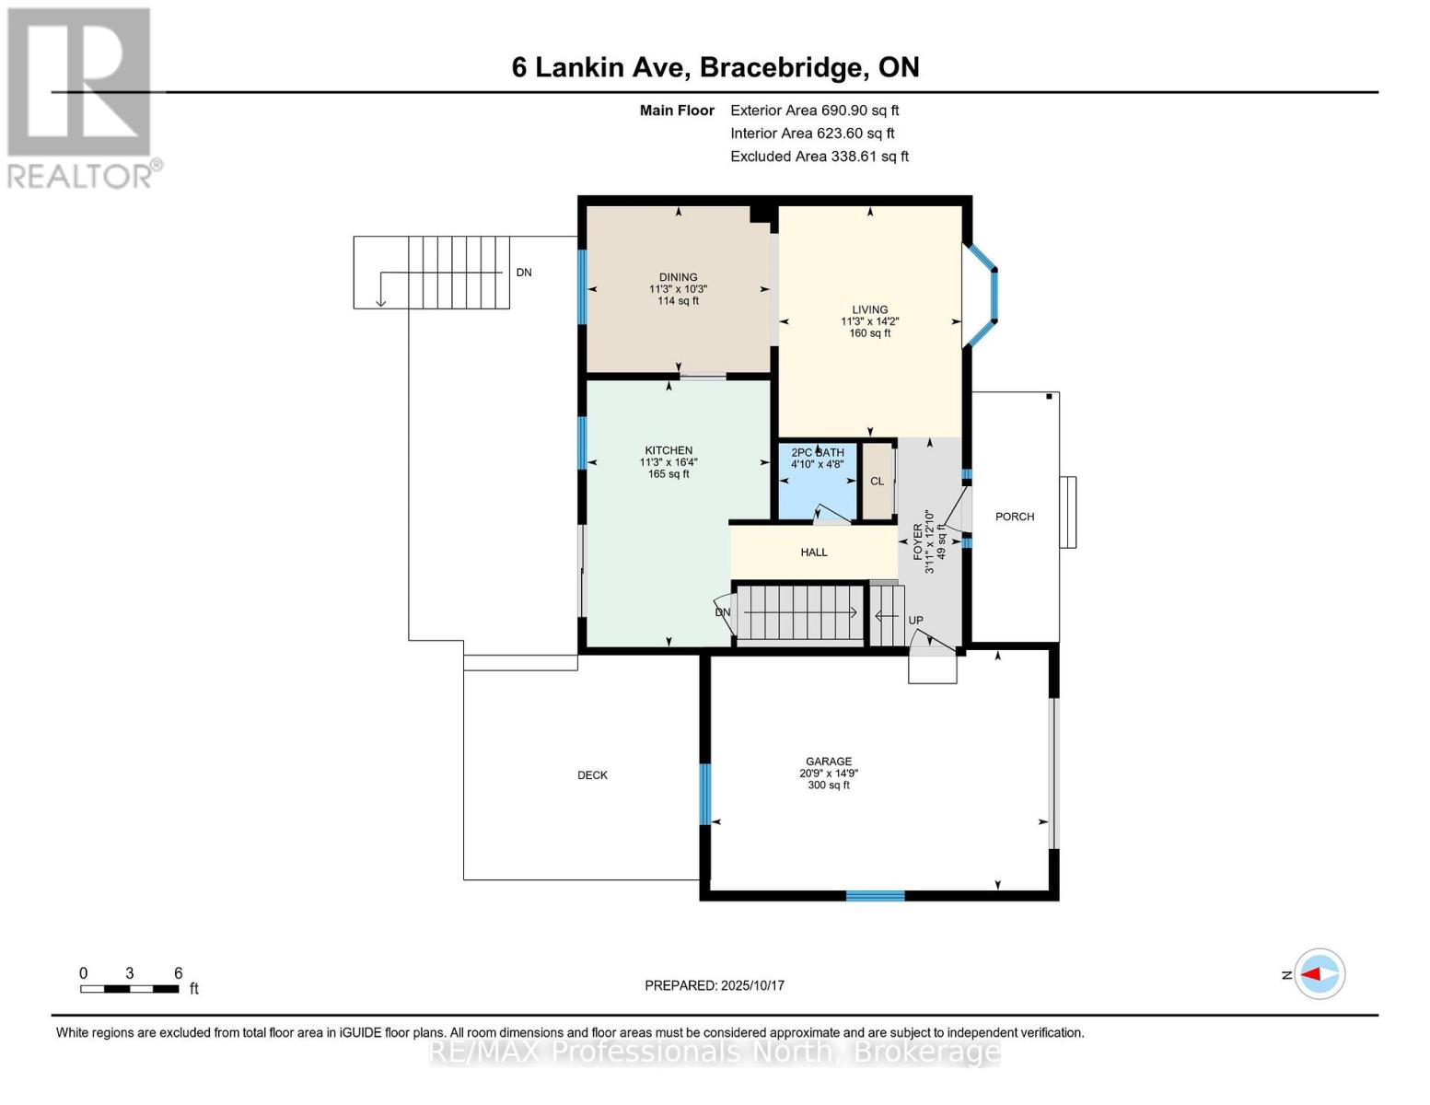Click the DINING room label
[678, 277]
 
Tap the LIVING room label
[869, 310]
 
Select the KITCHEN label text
[668, 451]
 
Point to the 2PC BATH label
[817, 453]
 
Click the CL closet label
[877, 482]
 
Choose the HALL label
[814, 552]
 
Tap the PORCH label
[1015, 517]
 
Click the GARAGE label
[828, 762]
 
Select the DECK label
[592, 775]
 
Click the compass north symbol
[1319, 974]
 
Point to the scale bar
[129, 989]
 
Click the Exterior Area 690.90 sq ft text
[814, 110]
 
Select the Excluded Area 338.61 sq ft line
[819, 157]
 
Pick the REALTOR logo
[81, 97]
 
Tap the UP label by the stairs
[915, 621]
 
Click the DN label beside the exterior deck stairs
[524, 273]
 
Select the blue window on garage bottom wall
[875, 895]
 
